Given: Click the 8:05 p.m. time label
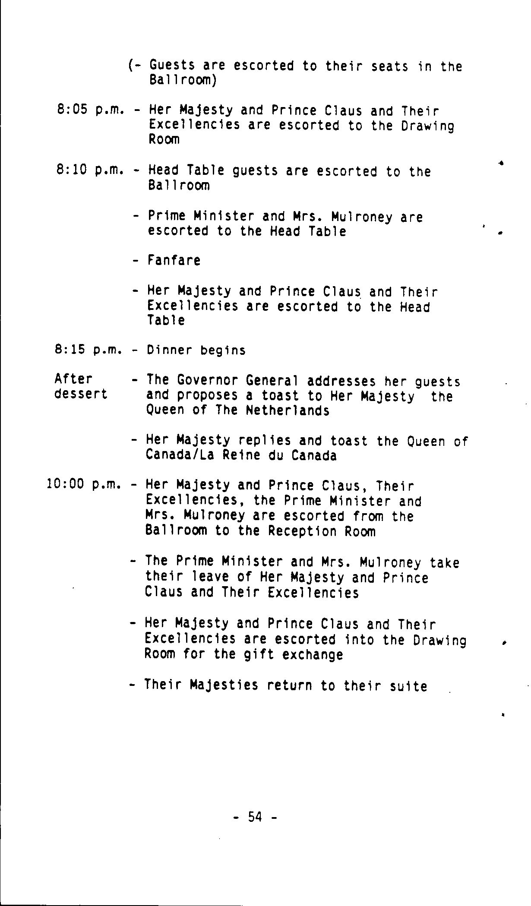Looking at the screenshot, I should click(90, 110).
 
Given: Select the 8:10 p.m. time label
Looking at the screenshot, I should click(90, 170).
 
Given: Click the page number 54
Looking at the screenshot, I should click(255, 817).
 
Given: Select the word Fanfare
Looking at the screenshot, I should click(174, 261).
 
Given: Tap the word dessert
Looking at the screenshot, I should click(81, 395).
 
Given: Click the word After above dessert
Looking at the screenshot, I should click(73, 379).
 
